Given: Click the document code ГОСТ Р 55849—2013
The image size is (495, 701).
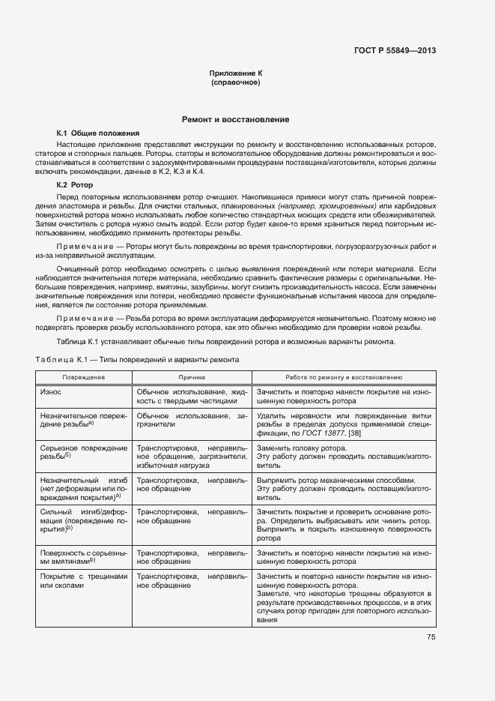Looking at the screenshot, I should (395, 51).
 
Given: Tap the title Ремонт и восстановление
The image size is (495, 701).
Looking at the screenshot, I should (236, 120).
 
